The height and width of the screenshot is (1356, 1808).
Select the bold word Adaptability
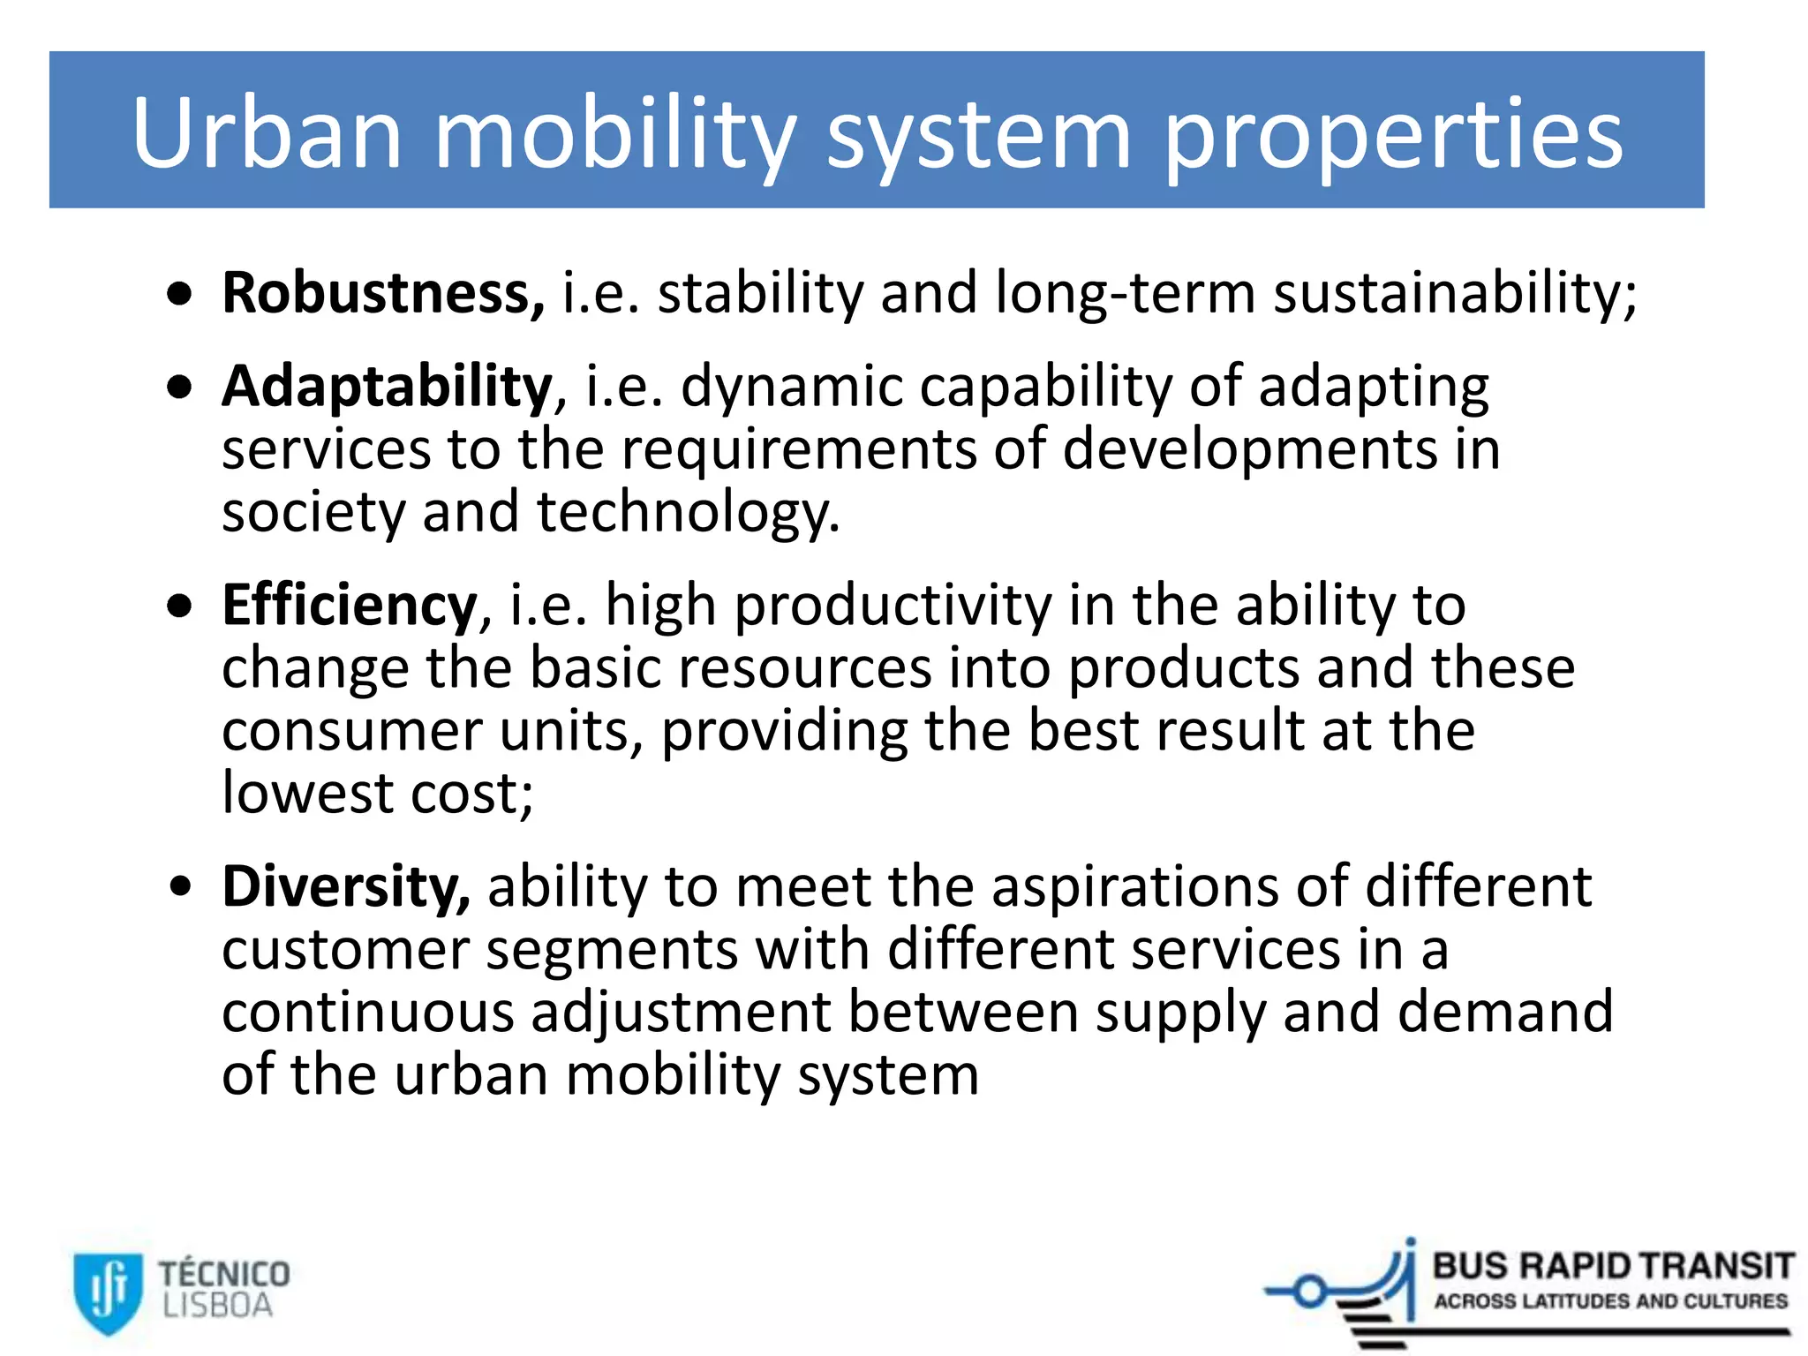[387, 387]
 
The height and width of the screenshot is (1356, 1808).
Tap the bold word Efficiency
[350, 606]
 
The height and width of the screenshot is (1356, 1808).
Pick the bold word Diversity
[345, 886]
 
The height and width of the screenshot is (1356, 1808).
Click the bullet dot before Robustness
[180, 295]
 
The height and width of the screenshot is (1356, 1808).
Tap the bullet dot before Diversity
[180, 886]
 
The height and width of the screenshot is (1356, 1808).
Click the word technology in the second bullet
[688, 512]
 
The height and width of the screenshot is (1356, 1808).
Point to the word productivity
[893, 607]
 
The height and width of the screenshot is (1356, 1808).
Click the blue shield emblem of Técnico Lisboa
[107, 1292]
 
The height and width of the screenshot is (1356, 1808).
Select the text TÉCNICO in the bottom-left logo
[224, 1274]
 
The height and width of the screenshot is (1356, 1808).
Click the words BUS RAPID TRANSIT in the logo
[1613, 1266]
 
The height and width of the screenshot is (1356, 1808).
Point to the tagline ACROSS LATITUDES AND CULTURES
[1610, 1301]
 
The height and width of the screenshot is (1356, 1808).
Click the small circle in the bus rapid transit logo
[1311, 1292]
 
